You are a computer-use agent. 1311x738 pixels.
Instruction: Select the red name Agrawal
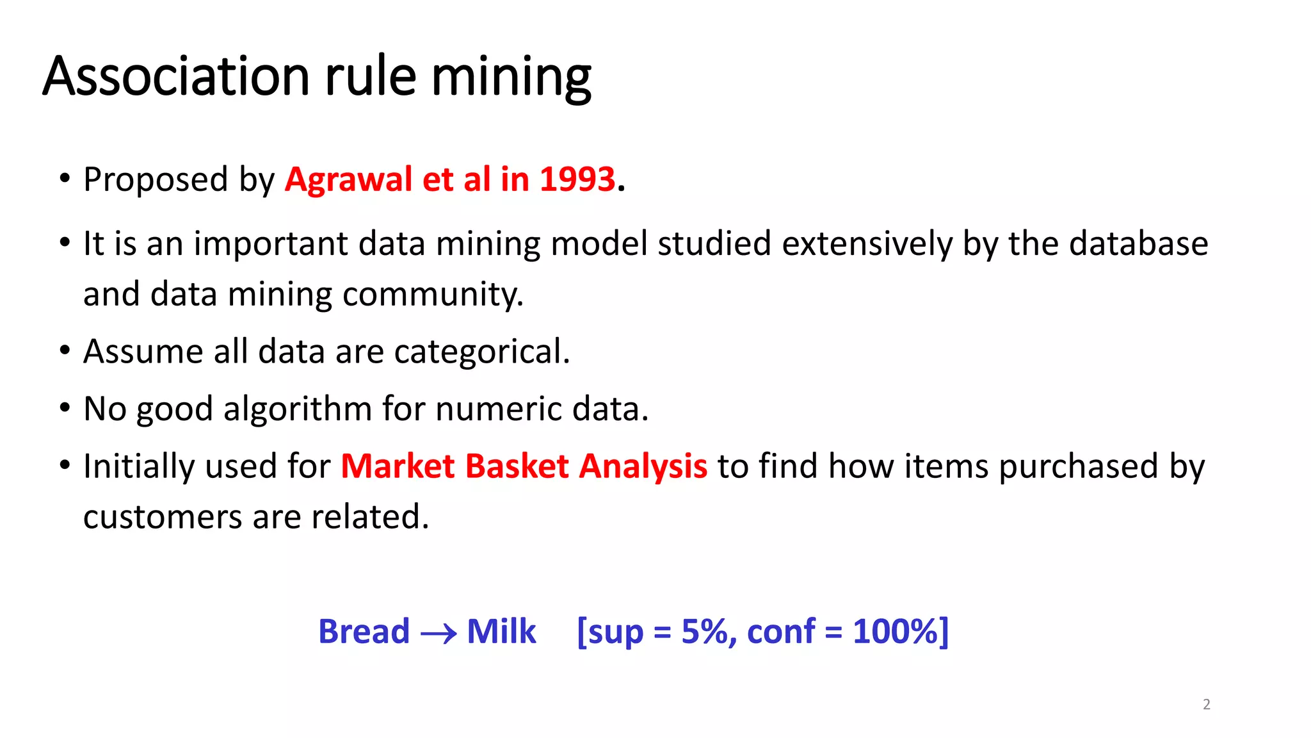pyautogui.click(x=349, y=180)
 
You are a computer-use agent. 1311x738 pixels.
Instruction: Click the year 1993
pyautogui.click(x=577, y=179)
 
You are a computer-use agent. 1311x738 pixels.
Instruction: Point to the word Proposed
pyautogui.click(x=156, y=180)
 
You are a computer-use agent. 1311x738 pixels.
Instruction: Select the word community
pyautogui.click(x=433, y=295)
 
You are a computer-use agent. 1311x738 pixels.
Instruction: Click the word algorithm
pyautogui.click(x=298, y=409)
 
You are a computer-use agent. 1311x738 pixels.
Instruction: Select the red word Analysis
pyautogui.click(x=643, y=466)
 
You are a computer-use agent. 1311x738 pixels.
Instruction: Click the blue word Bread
pyautogui.click(x=364, y=632)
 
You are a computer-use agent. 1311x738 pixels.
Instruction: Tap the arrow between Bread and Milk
pyautogui.click(x=438, y=634)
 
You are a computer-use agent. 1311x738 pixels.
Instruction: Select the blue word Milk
pyautogui.click(x=501, y=632)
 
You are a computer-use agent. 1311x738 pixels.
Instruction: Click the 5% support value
pyautogui.click(x=704, y=632)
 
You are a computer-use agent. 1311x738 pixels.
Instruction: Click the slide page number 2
pyautogui.click(x=1206, y=705)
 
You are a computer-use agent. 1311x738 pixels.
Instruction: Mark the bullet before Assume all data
pyautogui.click(x=65, y=351)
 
